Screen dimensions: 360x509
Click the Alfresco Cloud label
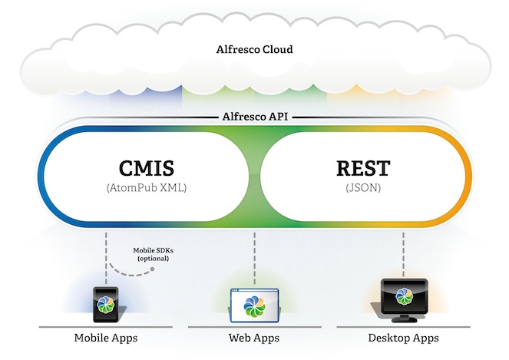coord(254,51)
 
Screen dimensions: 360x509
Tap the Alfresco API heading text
coord(254,117)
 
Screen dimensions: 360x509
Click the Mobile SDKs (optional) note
coord(150,254)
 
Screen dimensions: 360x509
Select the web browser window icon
coord(254,304)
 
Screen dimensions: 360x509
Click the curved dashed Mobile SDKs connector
coord(123,269)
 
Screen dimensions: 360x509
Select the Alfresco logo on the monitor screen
coord(403,296)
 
